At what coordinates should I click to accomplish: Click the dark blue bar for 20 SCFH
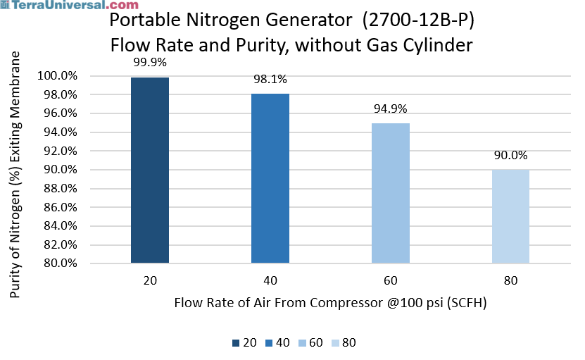pyautogui.click(x=149, y=170)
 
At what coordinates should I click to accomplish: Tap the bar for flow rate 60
pyautogui.click(x=390, y=193)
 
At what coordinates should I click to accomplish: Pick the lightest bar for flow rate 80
pyautogui.click(x=510, y=216)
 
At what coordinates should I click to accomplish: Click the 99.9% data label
pyautogui.click(x=149, y=62)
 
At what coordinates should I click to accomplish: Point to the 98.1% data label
pyautogui.click(x=270, y=80)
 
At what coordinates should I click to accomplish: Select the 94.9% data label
pyautogui.click(x=390, y=108)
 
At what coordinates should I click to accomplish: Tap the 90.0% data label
pyautogui.click(x=510, y=155)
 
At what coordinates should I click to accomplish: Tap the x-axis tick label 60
pyautogui.click(x=390, y=280)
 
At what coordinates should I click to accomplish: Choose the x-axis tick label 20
pyautogui.click(x=149, y=280)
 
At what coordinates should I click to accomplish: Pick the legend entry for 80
pyautogui.click(x=344, y=342)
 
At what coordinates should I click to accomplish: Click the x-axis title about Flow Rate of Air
pyautogui.click(x=330, y=303)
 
